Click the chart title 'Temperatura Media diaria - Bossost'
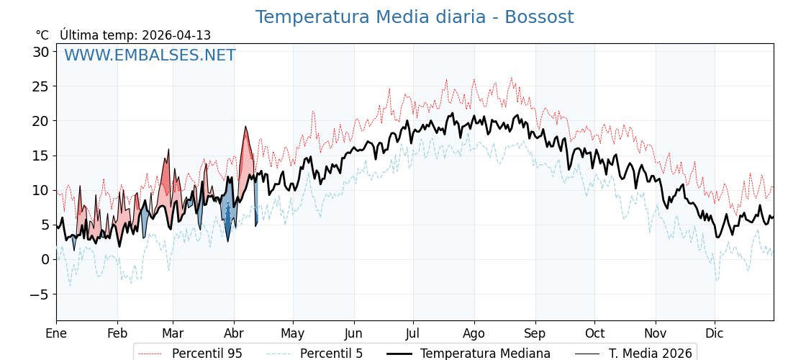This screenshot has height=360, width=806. pyautogui.click(x=415, y=17)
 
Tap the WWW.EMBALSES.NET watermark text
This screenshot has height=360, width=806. pyautogui.click(x=150, y=55)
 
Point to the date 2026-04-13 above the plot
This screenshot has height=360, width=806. pyautogui.click(x=176, y=35)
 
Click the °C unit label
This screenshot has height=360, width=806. pyautogui.click(x=42, y=35)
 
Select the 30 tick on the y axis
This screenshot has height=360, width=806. pyautogui.click(x=40, y=52)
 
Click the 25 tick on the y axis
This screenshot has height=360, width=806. pyautogui.click(x=40, y=86)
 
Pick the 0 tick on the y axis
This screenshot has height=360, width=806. pyautogui.click(x=45, y=259)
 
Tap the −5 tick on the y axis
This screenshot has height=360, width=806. pyautogui.click(x=39, y=294)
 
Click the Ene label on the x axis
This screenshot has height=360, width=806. pyautogui.click(x=56, y=333)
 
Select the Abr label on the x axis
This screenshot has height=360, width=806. pyautogui.click(x=234, y=333)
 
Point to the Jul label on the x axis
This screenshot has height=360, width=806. pyautogui.click(x=413, y=333)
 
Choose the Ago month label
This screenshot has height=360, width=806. pyautogui.click(x=474, y=333)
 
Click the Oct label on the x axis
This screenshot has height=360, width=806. pyautogui.click(x=594, y=333)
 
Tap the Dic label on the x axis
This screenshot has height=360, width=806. pyautogui.click(x=715, y=333)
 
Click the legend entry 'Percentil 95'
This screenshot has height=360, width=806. pyautogui.click(x=207, y=354)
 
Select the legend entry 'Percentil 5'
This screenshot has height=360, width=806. pyautogui.click(x=331, y=354)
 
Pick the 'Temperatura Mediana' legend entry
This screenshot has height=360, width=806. pyautogui.click(x=485, y=354)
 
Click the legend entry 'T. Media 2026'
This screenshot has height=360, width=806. pyautogui.click(x=650, y=354)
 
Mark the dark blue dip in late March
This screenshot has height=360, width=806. pyautogui.click(x=228, y=220)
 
